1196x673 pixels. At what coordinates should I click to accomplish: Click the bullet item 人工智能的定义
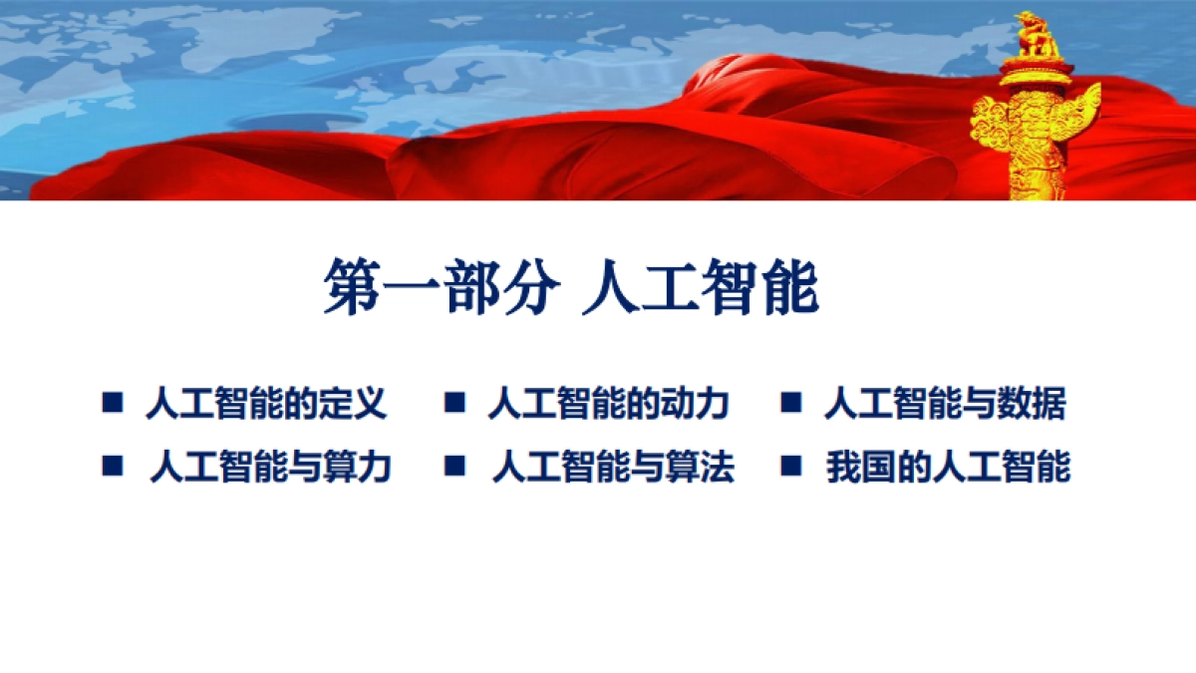tap(265, 405)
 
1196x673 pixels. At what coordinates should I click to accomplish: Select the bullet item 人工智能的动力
tap(608, 405)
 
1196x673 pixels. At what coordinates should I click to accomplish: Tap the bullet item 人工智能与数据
tap(945, 405)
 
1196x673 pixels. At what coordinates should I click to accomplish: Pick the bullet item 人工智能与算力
tap(270, 467)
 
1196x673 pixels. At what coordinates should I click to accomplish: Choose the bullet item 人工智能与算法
tap(613, 467)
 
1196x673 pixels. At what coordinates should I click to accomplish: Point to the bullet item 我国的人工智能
tap(948, 467)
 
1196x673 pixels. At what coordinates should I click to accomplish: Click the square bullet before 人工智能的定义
tap(112, 403)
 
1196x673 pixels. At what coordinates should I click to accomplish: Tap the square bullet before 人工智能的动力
tap(455, 403)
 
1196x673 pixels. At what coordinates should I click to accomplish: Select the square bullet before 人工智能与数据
tap(791, 403)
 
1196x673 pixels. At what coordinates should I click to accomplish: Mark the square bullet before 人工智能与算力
tap(112, 465)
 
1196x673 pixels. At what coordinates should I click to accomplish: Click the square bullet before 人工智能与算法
tap(455, 465)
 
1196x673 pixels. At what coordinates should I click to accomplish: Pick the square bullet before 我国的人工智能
tap(791, 465)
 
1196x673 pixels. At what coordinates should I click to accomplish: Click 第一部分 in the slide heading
tap(440, 287)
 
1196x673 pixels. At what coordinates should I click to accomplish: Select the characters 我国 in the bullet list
tap(857, 467)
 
